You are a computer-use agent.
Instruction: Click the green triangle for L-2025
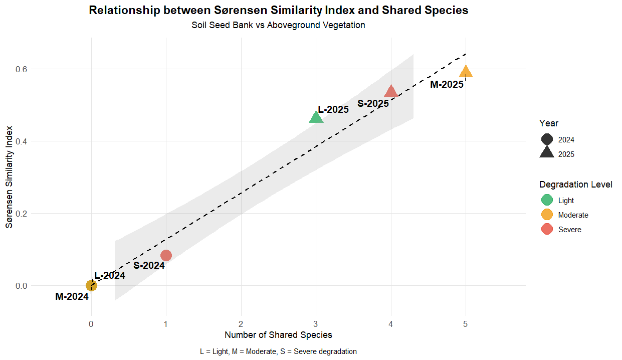(x=316, y=117)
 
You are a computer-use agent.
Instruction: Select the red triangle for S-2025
(x=391, y=91)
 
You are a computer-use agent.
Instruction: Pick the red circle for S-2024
(x=166, y=255)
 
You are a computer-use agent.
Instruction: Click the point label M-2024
(x=72, y=296)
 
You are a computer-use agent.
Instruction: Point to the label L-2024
(x=110, y=275)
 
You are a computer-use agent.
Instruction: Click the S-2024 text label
(x=149, y=265)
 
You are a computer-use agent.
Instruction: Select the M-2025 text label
(x=447, y=84)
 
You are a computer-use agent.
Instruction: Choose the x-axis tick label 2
(x=241, y=324)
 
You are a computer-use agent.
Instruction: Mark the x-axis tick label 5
(x=466, y=324)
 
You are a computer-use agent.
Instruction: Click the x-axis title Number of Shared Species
(x=278, y=335)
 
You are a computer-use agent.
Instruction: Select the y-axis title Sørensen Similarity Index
(x=9, y=177)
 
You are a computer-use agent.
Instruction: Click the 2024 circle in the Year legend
(x=547, y=140)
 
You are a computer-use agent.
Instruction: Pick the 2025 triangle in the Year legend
(x=547, y=153)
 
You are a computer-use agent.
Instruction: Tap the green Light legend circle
(x=547, y=200)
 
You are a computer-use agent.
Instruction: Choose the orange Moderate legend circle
(x=547, y=215)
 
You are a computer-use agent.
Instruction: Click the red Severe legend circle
(x=547, y=229)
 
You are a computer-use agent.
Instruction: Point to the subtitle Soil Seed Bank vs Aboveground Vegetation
(x=278, y=25)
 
